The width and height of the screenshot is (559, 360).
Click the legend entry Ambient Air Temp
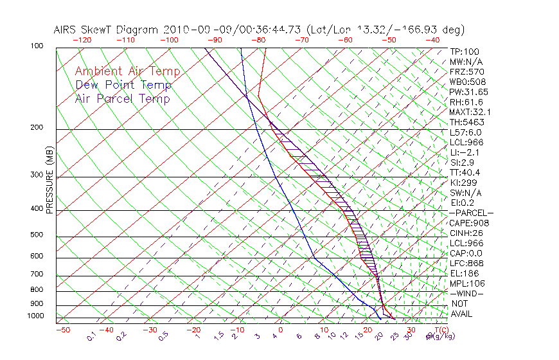click(x=127, y=72)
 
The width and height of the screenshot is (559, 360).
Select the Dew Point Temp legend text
click(x=123, y=85)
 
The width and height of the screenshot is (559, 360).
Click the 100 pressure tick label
click(x=37, y=46)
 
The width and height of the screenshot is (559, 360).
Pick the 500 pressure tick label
click(x=37, y=235)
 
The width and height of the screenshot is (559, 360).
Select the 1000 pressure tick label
click(x=35, y=316)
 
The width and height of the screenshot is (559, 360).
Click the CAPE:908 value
click(x=469, y=223)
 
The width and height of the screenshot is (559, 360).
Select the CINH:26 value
click(x=467, y=233)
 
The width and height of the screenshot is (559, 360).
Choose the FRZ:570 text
click(x=466, y=71)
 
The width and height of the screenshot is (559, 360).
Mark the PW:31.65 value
click(x=469, y=92)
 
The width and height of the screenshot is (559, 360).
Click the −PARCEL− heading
click(x=471, y=213)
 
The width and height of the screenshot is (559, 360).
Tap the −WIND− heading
click(x=467, y=293)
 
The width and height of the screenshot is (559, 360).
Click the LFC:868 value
click(x=466, y=263)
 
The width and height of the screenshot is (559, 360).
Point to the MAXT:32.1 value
click(x=471, y=112)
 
